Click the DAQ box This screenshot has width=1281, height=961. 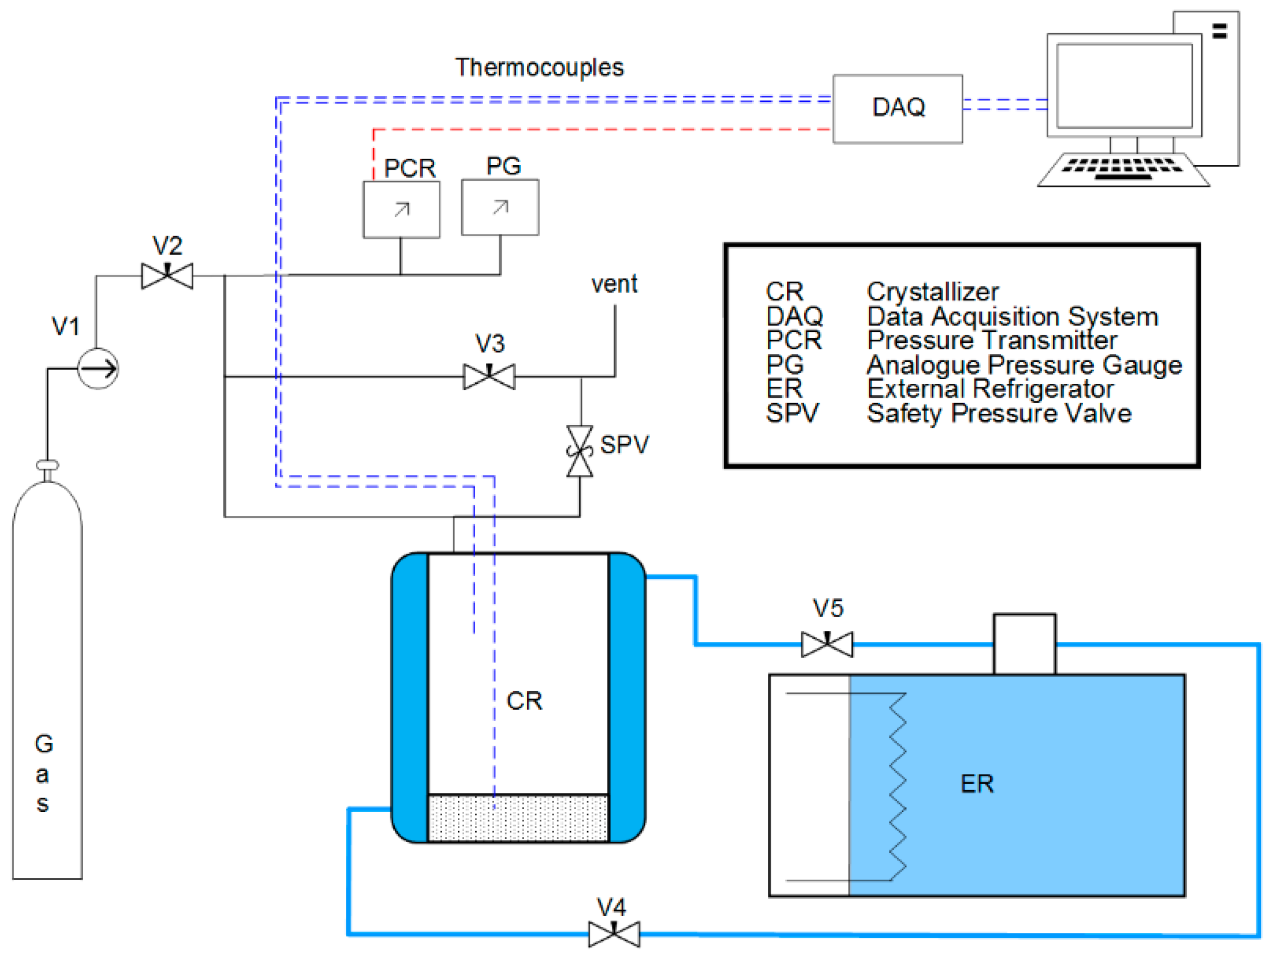(897, 109)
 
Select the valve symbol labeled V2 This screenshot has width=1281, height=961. (167, 276)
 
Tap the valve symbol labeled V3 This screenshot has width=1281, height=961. (490, 377)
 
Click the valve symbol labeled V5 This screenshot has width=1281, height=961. (827, 644)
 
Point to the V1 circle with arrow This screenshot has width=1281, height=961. (98, 369)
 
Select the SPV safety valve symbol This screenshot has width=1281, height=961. (580, 451)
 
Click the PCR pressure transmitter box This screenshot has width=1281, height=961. (401, 210)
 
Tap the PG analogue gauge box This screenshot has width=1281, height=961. (500, 207)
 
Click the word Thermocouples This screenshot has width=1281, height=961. (539, 68)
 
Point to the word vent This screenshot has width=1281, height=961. (614, 284)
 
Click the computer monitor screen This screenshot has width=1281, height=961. (1124, 85)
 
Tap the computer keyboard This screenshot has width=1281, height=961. (1123, 169)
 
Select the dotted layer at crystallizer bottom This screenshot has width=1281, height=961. (518, 817)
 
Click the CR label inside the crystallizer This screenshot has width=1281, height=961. (524, 701)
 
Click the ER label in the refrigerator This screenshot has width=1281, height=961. (977, 784)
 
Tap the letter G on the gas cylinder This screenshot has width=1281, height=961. (44, 744)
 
